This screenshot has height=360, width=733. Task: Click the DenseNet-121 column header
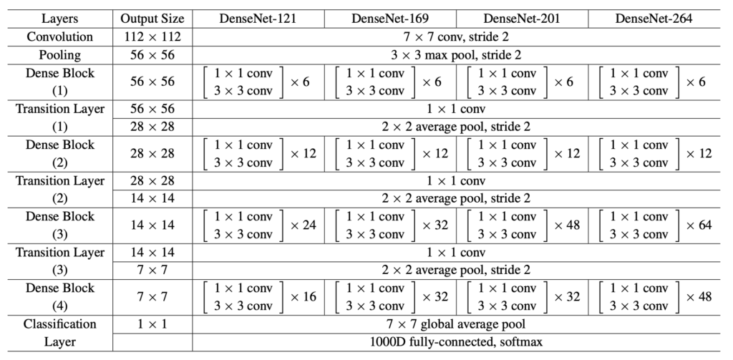tap(258, 19)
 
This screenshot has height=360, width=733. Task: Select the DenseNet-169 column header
tap(390, 19)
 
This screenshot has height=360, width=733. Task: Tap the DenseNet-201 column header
tap(522, 19)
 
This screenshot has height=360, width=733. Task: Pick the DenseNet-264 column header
tap(654, 19)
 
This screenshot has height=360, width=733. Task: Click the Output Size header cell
tap(152, 19)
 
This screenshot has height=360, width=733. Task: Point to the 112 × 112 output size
tap(152, 37)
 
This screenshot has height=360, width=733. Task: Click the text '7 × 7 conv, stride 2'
tap(456, 37)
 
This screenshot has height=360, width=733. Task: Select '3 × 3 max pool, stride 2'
tap(456, 55)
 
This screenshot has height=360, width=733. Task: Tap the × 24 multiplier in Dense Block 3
tap(304, 225)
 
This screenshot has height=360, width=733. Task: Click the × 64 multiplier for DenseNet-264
tap(699, 225)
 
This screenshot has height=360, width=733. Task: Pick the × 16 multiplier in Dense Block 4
tap(304, 297)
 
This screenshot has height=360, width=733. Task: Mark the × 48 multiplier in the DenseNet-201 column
tap(567, 225)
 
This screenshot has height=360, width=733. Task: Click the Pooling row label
tap(60, 55)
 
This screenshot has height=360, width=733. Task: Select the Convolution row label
tap(60, 37)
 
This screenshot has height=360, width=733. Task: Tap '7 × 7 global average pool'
tap(456, 324)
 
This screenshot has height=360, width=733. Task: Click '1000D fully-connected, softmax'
tap(456, 342)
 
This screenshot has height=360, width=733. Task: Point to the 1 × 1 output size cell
tap(152, 324)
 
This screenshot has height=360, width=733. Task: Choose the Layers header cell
tap(60, 19)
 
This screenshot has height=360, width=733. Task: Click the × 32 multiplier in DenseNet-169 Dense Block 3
tap(435, 225)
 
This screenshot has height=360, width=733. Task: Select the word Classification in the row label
tap(60, 324)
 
